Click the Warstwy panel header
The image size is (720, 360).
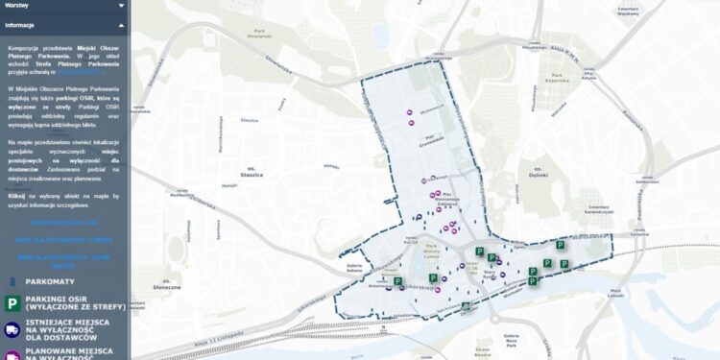(x=17, y=6)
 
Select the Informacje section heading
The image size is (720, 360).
(x=20, y=25)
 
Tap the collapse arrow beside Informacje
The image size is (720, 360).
(x=120, y=25)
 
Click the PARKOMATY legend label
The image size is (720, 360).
(x=57, y=281)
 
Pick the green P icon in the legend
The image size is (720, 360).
(x=12, y=304)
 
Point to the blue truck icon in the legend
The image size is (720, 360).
(x=12, y=331)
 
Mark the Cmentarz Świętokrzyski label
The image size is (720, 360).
(x=601, y=208)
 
